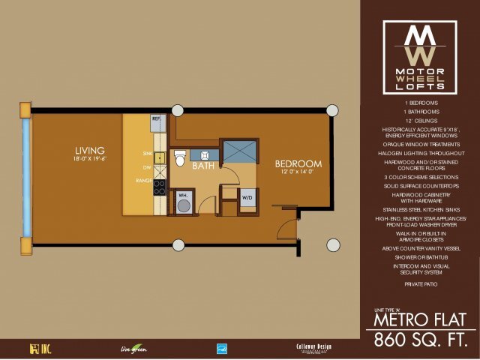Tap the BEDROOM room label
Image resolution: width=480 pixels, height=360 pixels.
(298, 163)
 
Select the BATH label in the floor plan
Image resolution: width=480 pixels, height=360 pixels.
(203, 166)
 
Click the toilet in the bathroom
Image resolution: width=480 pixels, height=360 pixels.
(179, 158)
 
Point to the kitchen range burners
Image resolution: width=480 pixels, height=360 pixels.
(160, 187)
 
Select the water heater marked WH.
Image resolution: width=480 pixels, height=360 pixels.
(182, 202)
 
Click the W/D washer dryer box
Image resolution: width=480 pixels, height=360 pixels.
(247, 197)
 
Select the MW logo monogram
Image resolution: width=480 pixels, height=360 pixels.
(420, 45)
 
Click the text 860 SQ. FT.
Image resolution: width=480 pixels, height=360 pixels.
(420, 337)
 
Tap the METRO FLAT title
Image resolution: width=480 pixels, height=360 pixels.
(420, 318)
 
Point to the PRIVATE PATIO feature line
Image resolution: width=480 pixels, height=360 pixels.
(420, 285)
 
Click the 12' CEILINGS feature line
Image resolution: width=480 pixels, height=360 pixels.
(420, 120)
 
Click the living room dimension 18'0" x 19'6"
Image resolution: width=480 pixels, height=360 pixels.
(89, 159)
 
